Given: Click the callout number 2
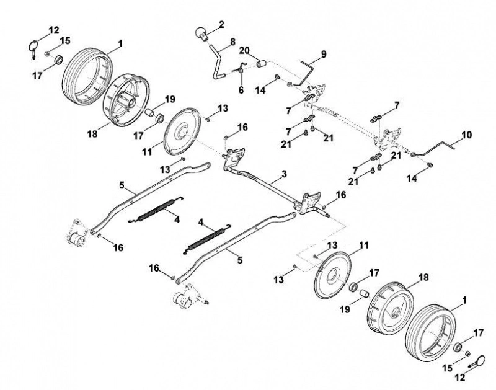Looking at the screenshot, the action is point(221,24).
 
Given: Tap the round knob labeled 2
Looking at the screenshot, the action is point(200,33).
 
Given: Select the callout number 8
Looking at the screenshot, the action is point(233,42).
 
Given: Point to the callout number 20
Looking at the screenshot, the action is point(244,51).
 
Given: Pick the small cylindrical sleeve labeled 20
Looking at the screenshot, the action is point(261,64).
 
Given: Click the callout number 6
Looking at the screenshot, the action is point(241,90).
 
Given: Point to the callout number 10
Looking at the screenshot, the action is point(466,135).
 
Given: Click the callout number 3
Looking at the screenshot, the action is point(284,174).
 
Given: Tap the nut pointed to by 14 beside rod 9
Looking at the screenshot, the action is point(277,77).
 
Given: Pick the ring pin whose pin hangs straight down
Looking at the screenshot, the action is point(33,48).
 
